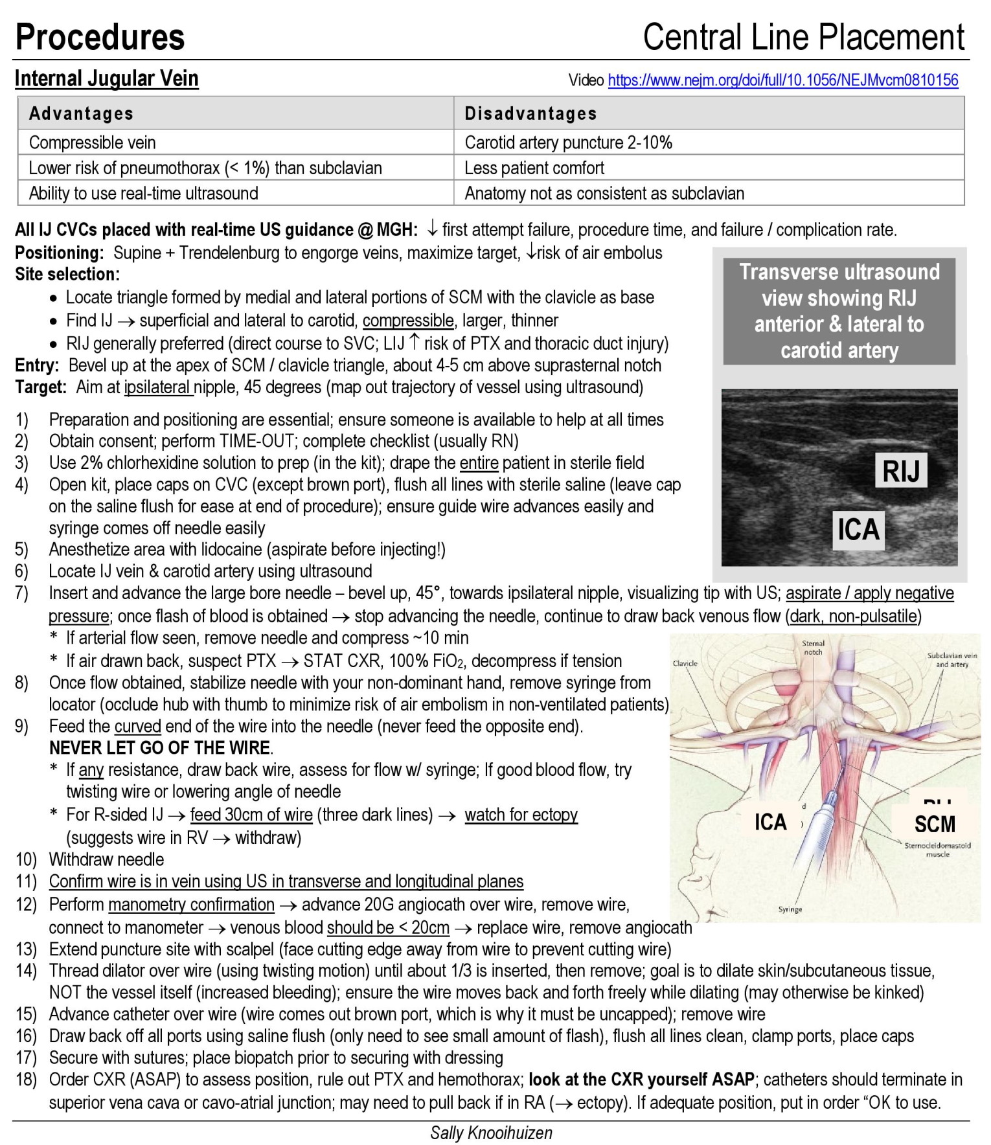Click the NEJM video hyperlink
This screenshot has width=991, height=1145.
(782, 80)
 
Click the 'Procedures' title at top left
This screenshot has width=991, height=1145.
(100, 37)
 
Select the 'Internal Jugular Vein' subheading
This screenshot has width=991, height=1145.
(107, 78)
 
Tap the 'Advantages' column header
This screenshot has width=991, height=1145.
(81, 113)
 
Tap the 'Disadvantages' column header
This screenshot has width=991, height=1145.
(530, 113)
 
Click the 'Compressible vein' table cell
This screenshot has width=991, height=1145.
(92, 142)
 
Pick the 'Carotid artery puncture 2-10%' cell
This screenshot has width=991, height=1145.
(568, 142)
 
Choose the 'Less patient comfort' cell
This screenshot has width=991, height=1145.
(534, 168)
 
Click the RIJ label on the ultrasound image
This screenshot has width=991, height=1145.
(901, 471)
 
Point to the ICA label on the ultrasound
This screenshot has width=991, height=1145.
(858, 530)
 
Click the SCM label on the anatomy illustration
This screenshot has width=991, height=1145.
(934, 824)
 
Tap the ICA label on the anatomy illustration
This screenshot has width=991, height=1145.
(770, 822)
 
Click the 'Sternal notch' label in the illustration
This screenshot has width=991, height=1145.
(813, 648)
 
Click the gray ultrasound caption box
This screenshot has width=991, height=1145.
(839, 311)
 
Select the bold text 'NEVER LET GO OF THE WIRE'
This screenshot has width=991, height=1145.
(160, 748)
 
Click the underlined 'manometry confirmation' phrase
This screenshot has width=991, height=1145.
(192, 904)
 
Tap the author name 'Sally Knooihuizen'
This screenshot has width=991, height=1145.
(491, 1133)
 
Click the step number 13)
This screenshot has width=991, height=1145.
(27, 949)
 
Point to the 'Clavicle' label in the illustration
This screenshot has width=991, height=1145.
(685, 663)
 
